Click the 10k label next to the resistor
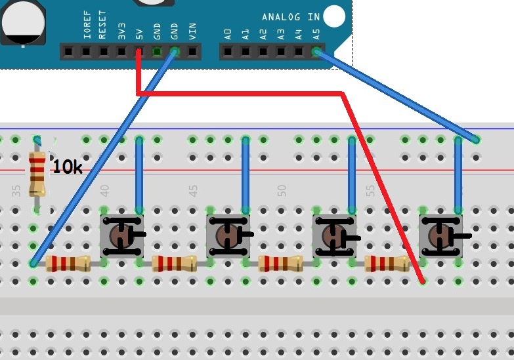pyautogui.click(x=67, y=167)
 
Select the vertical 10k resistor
pyautogui.click(x=38, y=173)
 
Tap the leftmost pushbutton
pyautogui.click(x=121, y=235)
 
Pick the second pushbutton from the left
pyautogui.click(x=228, y=235)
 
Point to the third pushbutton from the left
pyautogui.click(x=334, y=235)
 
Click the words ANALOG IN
pyautogui.click(x=290, y=16)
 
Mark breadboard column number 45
pyautogui.click(x=193, y=191)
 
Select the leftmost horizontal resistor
pyautogui.click(x=68, y=264)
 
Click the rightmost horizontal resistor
pyautogui.click(x=387, y=264)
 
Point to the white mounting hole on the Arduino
pyautogui.click(x=334, y=15)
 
